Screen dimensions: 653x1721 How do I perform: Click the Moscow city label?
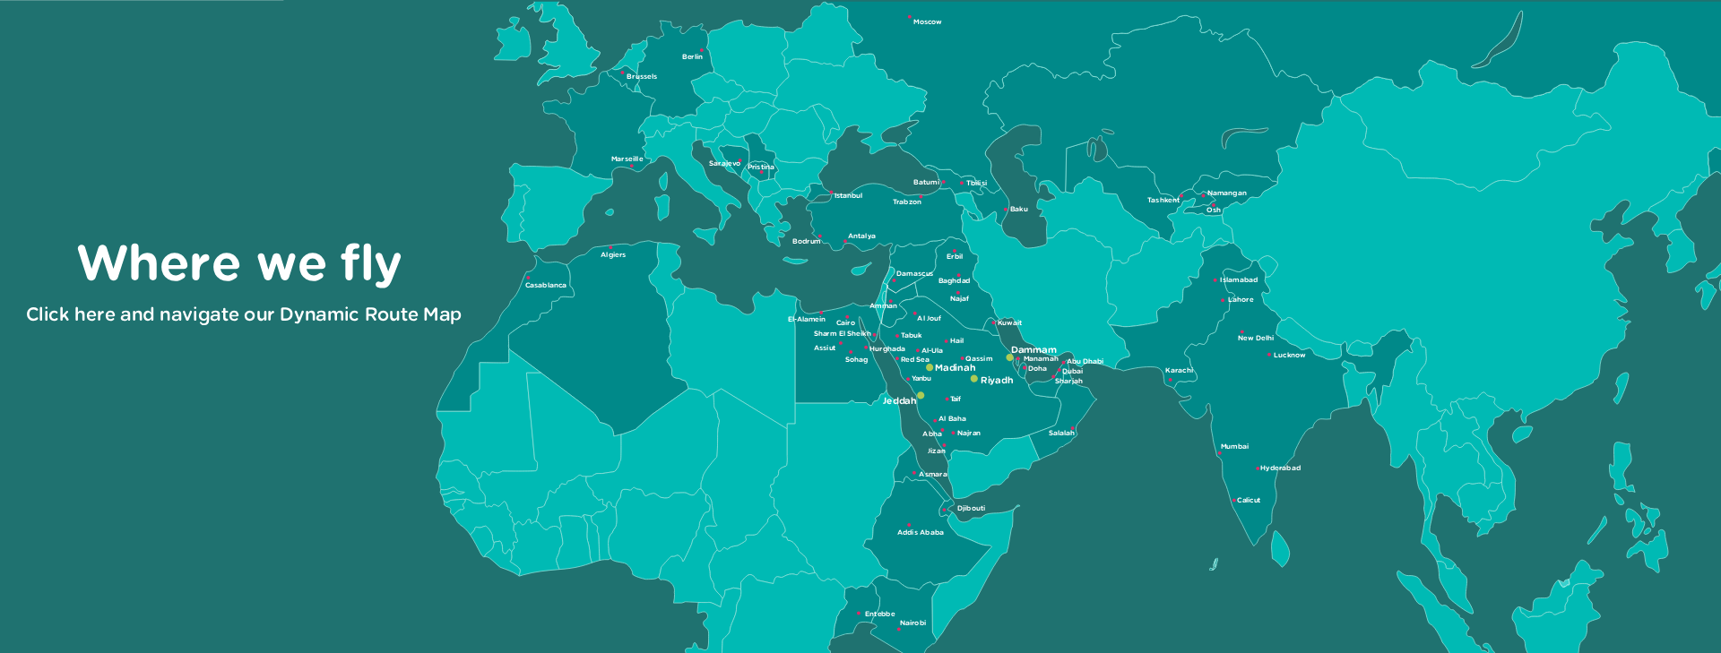(x=927, y=21)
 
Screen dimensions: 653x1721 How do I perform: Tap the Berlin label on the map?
(x=692, y=56)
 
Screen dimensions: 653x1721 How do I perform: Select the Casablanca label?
(x=545, y=285)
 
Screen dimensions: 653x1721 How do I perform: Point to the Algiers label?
(x=613, y=254)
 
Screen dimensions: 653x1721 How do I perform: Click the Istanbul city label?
(x=848, y=195)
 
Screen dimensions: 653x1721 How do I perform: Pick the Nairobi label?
(x=912, y=623)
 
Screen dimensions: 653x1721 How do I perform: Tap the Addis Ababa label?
(x=920, y=532)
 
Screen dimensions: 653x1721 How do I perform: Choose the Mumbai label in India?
(x=1234, y=446)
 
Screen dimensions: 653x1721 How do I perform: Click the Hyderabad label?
(x=1280, y=468)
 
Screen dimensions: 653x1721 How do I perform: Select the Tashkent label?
(x=1163, y=200)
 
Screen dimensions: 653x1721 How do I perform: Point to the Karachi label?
(x=1179, y=370)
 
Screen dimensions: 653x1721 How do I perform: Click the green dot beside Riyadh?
(x=974, y=379)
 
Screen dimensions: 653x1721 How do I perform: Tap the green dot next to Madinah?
(x=930, y=367)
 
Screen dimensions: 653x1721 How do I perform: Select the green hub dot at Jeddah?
(x=921, y=395)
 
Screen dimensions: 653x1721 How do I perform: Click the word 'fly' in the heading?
(x=370, y=264)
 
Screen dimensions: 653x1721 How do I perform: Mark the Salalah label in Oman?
(x=1061, y=433)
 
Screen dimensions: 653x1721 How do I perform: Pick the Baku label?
(x=1018, y=209)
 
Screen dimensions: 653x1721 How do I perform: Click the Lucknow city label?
(x=1289, y=355)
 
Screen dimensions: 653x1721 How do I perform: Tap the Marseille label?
(x=627, y=159)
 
